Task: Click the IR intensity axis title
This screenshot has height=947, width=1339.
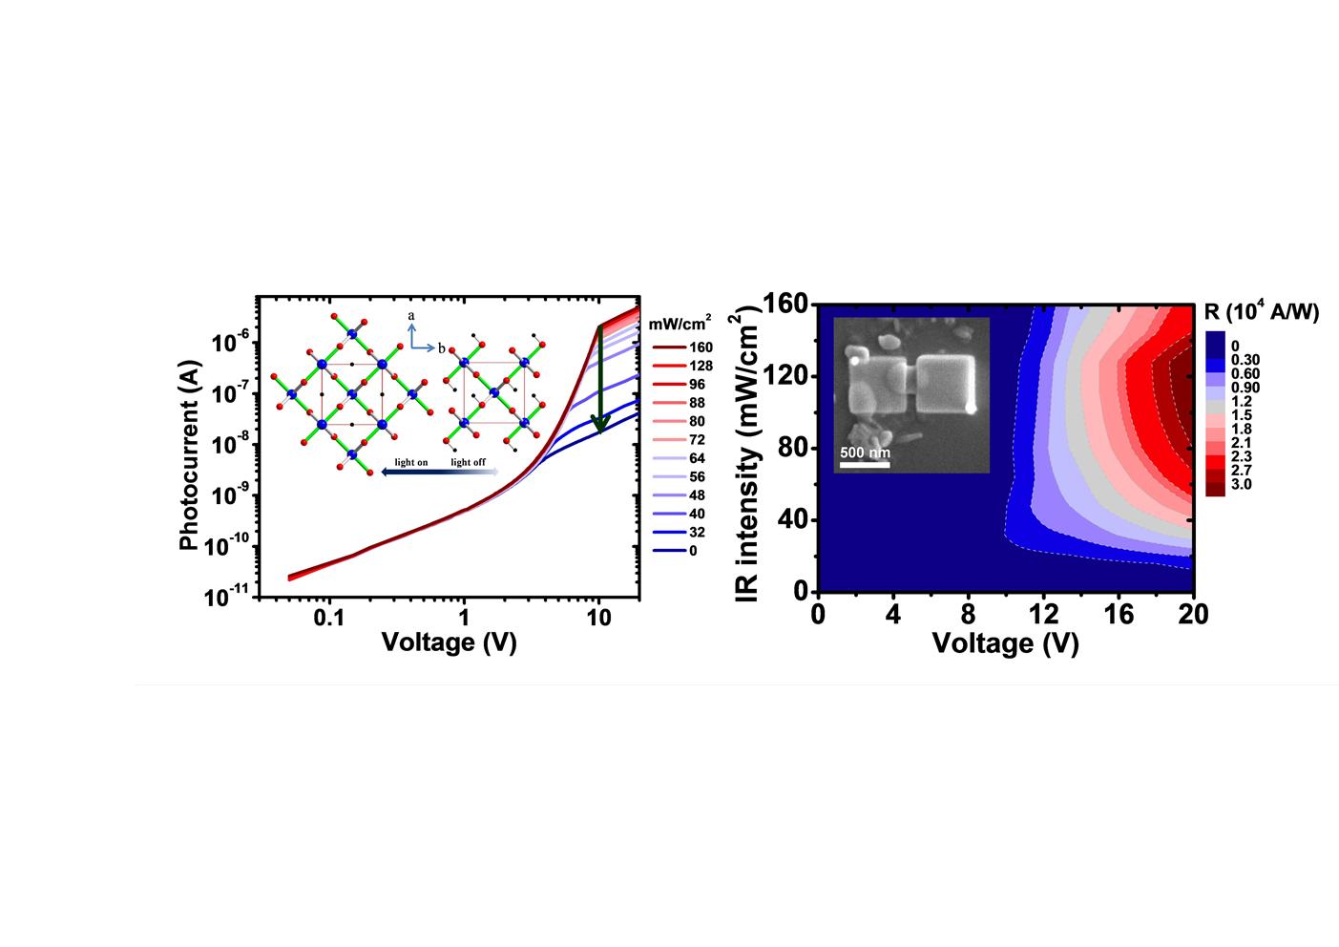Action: click(749, 449)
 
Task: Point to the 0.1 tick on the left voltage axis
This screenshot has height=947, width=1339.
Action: click(328, 618)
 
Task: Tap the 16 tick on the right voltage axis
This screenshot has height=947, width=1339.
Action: click(1119, 615)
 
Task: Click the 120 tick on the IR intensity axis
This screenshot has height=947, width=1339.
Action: click(785, 376)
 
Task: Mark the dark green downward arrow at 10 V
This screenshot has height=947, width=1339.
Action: click(600, 382)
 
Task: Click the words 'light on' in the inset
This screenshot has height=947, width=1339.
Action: click(411, 463)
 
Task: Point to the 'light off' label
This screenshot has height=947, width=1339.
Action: click(468, 463)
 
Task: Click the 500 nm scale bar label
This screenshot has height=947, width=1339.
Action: click(865, 452)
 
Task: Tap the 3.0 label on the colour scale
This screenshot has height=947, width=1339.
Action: click(1242, 484)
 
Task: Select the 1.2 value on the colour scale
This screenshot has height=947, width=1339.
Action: click(1242, 402)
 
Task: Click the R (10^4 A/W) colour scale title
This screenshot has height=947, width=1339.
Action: click(1261, 312)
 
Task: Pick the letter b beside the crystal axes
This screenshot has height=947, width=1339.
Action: click(442, 348)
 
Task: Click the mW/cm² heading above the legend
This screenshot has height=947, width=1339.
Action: click(680, 324)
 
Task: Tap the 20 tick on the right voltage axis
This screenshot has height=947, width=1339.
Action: click(1192, 615)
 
